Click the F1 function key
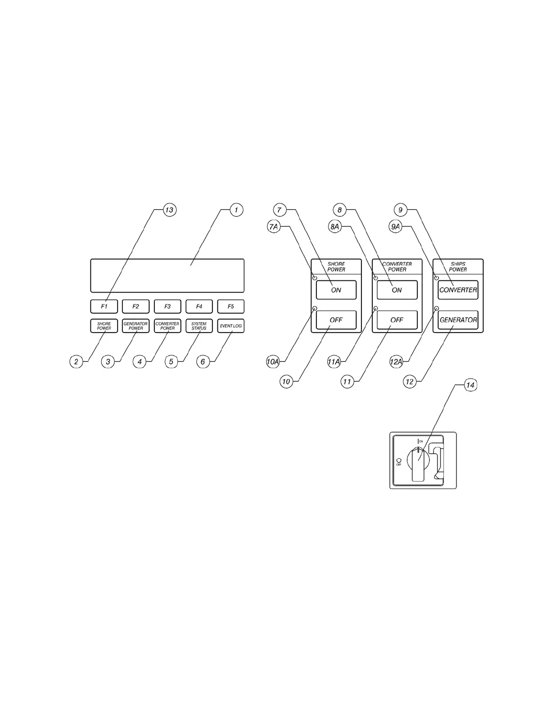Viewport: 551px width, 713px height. tap(104, 307)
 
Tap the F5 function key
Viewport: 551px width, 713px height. tap(230, 307)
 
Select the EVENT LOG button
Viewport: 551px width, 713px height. tap(230, 326)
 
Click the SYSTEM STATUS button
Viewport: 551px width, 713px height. tap(199, 326)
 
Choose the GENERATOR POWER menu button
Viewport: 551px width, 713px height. tap(135, 326)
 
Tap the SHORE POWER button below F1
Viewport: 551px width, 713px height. tap(104, 326)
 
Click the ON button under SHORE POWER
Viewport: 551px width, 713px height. tap(336, 290)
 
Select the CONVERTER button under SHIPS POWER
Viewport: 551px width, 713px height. tap(458, 290)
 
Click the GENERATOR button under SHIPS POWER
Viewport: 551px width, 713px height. tap(458, 320)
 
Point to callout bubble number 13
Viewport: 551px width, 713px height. tap(169, 210)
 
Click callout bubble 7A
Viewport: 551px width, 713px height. tap(274, 227)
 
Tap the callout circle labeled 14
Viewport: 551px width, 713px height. tap(470, 385)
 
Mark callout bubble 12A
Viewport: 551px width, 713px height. tap(396, 361)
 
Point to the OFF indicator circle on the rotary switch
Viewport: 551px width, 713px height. tap(398, 460)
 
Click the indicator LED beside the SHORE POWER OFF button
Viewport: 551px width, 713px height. tap(315, 308)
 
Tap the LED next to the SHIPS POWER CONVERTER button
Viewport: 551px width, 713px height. tap(436, 278)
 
